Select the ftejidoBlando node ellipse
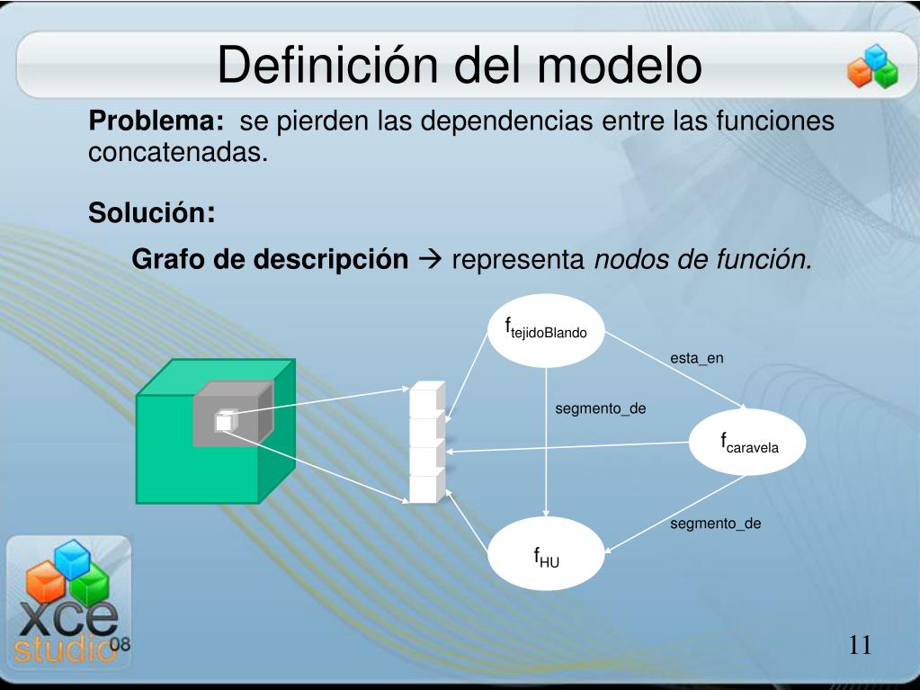pos(546,329)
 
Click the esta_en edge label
pos(696,358)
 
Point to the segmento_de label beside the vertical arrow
pos(600,408)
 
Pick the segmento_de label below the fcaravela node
pos(715,523)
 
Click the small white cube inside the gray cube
pos(225,420)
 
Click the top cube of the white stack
pos(427,400)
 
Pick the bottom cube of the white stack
pos(427,488)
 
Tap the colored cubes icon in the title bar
pos(871,67)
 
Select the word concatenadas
pos(178,152)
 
